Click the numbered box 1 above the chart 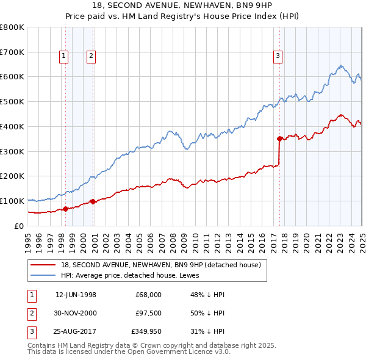(64, 56)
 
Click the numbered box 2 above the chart (91, 56)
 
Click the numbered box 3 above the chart (278, 56)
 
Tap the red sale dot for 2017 (279, 139)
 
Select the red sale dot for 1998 (65, 209)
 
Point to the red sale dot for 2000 (93, 201)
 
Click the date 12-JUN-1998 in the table (76, 295)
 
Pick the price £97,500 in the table (148, 312)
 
